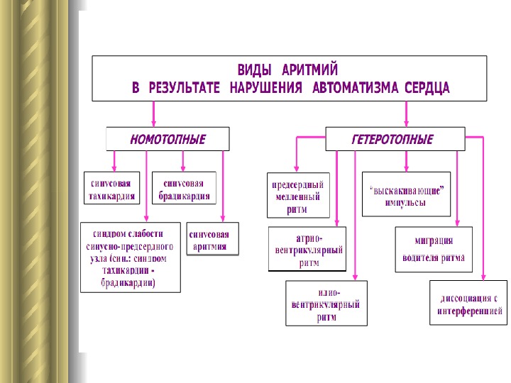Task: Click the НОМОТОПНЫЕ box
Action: pos(167,139)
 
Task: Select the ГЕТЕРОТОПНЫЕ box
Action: pos(395,139)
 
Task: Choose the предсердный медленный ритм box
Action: pos(298,194)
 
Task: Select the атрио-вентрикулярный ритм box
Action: pos(307,249)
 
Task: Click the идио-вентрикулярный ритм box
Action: pos(326,303)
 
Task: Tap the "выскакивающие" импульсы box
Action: pos(406,194)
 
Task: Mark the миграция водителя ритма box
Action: pos(434,248)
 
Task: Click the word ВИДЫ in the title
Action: pos(253,71)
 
